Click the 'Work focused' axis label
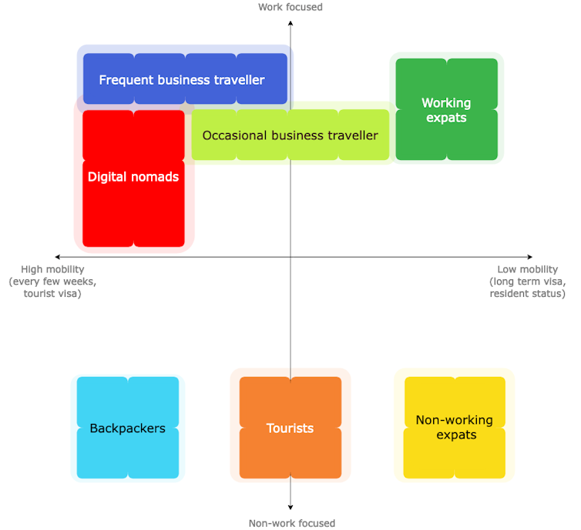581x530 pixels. tap(290, 7)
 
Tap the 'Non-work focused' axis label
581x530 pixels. tap(291, 523)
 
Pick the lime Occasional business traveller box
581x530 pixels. tap(290, 135)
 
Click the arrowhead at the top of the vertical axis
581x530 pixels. tap(290, 23)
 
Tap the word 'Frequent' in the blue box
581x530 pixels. tap(126, 80)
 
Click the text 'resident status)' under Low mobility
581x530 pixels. tap(527, 294)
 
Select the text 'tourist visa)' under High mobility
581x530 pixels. tap(52, 294)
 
